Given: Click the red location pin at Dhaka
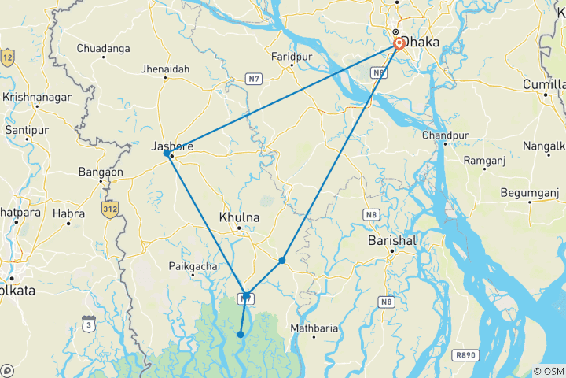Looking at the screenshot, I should click(x=399, y=43).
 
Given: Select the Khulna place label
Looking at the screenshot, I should click(x=241, y=216).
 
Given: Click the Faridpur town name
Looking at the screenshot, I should click(x=292, y=57).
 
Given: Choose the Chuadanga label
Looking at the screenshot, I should click(x=103, y=48).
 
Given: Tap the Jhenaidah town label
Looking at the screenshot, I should click(x=166, y=69).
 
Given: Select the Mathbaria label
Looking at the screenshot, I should click(x=314, y=327).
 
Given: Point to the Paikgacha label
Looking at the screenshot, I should click(x=193, y=266).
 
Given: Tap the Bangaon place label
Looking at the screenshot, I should click(x=101, y=171).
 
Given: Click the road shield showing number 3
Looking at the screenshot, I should click(x=89, y=322).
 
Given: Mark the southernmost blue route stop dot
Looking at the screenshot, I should click(x=241, y=335).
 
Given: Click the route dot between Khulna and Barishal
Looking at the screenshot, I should click(x=282, y=260).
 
